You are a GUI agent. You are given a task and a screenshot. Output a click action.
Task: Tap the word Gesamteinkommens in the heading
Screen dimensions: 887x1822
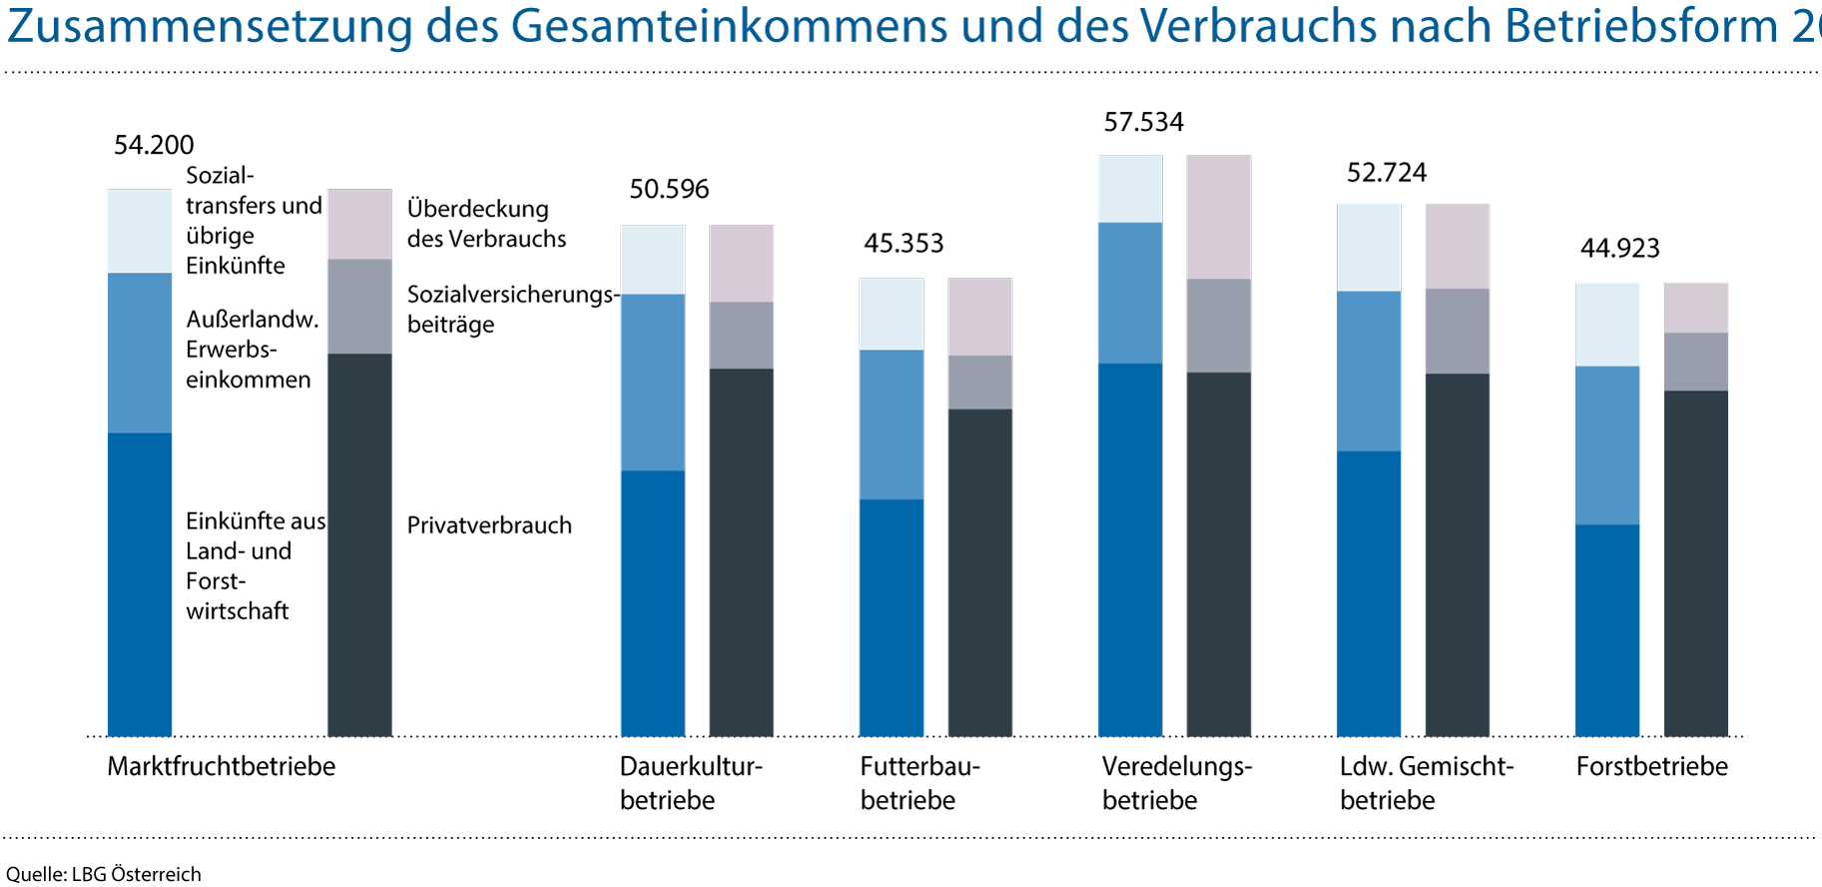729,27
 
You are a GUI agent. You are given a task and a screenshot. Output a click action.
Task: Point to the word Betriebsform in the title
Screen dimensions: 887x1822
1641,27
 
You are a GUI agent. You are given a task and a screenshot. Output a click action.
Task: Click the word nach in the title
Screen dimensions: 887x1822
1440,27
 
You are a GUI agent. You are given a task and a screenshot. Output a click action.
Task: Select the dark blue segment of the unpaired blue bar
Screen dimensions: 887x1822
140,584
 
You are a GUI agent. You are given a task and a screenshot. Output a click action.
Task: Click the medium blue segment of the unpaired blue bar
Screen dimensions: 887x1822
140,353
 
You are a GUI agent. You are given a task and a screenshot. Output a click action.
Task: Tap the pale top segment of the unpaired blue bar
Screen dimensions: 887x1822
140,231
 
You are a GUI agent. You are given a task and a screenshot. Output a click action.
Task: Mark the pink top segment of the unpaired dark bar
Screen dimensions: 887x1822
359,224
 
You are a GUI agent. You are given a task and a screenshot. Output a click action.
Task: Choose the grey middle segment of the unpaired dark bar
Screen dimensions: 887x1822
359,307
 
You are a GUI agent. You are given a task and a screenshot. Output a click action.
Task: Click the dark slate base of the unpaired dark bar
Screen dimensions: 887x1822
359,544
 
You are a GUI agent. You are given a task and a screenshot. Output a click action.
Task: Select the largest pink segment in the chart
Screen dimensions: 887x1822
1218,217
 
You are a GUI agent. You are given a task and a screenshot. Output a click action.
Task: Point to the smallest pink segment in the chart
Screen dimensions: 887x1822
1695,308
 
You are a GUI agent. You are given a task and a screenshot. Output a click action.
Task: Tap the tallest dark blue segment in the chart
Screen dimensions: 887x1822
1129,549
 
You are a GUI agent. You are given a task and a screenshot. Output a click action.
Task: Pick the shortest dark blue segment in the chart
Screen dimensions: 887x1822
1607,630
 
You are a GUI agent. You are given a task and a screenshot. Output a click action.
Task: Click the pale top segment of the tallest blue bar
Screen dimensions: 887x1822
1129,189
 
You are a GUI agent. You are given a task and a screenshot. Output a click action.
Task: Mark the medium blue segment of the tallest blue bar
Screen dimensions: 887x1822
1129,293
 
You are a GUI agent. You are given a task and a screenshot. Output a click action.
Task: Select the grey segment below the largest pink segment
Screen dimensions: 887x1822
1218,326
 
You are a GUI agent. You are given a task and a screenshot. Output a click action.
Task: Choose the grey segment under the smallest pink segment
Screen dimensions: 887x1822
1695,362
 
